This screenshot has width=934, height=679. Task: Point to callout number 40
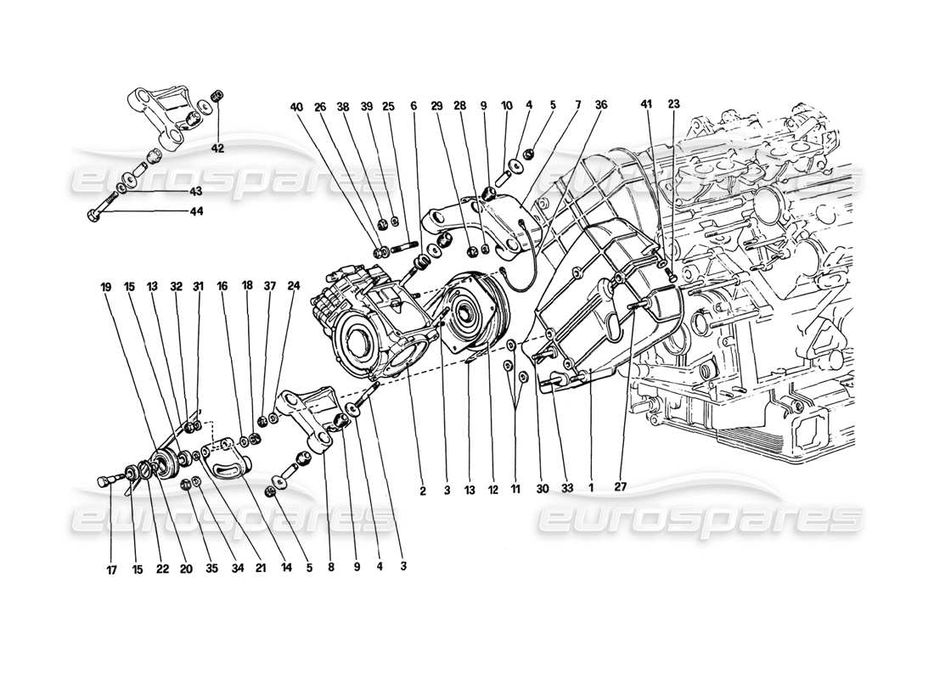coord(295,107)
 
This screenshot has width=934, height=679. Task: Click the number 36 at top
coord(600,107)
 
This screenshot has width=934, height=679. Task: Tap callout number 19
coord(106,288)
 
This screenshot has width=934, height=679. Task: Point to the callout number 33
coord(567,488)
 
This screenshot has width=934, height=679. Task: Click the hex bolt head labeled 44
coord(92,214)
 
